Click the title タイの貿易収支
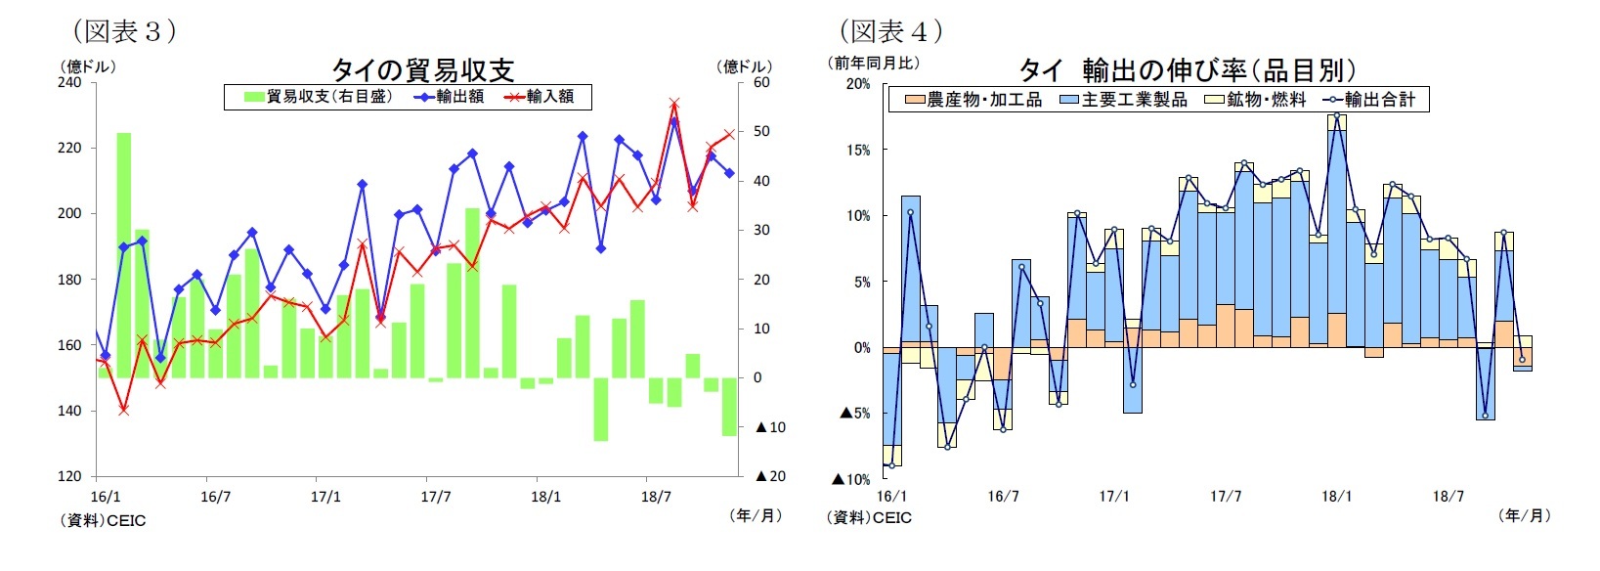point(422,69)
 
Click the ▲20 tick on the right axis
point(770,476)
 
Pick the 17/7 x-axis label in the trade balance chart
point(436,497)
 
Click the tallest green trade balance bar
point(124,254)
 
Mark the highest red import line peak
point(674,103)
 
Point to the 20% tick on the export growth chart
point(857,84)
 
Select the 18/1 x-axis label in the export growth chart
point(1337,497)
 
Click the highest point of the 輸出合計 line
point(1337,115)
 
